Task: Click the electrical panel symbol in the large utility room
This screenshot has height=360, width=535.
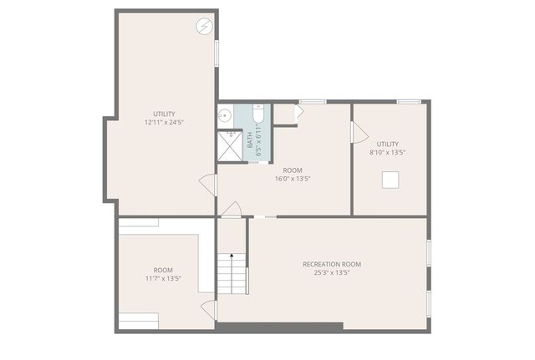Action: tap(206, 27)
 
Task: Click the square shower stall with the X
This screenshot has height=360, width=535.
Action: tap(228, 145)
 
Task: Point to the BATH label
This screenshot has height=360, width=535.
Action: tap(250, 140)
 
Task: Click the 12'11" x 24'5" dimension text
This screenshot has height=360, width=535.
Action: tap(164, 123)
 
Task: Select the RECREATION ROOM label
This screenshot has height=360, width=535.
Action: tap(332, 264)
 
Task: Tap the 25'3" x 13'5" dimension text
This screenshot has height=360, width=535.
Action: tap(332, 272)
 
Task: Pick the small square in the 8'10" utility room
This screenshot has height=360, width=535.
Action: tap(390, 179)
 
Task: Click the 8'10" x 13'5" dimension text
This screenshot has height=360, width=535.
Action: tap(387, 152)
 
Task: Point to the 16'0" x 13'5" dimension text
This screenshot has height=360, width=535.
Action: tap(293, 178)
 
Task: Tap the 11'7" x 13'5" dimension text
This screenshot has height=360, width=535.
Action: tap(163, 278)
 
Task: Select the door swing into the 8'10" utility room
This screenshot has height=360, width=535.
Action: tap(358, 131)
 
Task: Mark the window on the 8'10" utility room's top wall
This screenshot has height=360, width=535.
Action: tap(408, 102)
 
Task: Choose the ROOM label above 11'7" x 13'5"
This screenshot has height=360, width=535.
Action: tap(163, 270)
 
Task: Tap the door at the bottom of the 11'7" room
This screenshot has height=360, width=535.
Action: tap(209, 310)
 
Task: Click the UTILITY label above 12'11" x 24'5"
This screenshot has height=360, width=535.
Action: tap(164, 114)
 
